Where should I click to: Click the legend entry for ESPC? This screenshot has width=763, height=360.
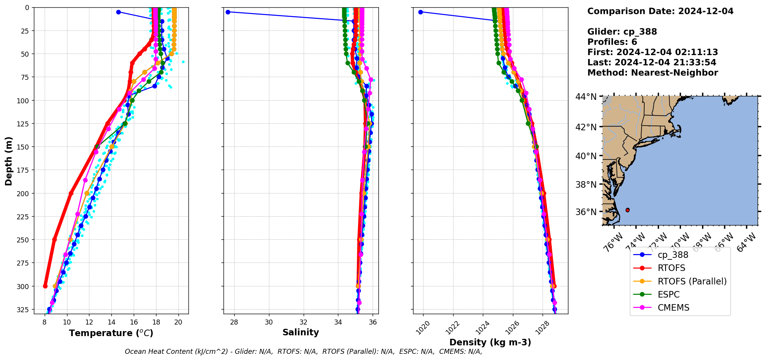click(669, 294)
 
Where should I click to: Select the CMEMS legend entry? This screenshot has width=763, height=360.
click(673, 308)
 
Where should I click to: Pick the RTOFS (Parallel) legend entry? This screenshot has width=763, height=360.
click(692, 281)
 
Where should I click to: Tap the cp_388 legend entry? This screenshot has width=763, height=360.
click(673, 255)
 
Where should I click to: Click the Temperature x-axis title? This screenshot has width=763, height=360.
click(111, 333)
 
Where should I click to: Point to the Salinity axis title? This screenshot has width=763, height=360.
click(301, 332)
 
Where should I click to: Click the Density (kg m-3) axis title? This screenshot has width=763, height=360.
click(490, 342)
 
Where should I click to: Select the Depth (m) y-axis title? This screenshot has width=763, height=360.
click(9, 161)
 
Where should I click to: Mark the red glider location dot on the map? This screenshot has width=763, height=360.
click(627, 210)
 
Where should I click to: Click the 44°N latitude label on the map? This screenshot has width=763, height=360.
click(586, 97)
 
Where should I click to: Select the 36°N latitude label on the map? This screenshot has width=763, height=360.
click(586, 212)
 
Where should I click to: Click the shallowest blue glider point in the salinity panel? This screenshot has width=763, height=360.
click(228, 12)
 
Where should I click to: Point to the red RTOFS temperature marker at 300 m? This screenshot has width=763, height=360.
click(45, 286)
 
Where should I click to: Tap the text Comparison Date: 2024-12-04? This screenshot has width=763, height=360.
click(660, 11)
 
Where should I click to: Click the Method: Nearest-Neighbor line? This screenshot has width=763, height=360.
click(652, 73)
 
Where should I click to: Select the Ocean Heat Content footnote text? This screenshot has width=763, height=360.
click(303, 352)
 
